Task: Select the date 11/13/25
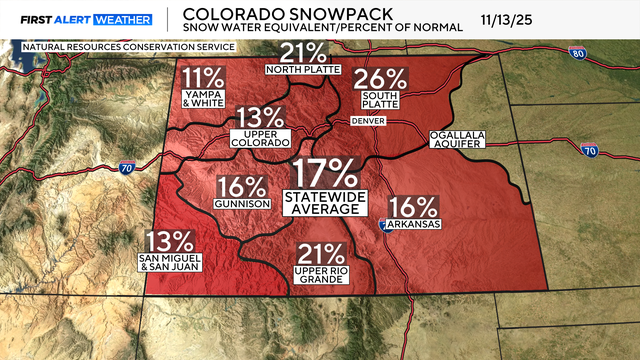[515, 19]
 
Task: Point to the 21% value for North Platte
[303, 52]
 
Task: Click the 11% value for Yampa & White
[204, 78]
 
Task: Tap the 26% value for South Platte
[381, 78]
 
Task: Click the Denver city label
[367, 120]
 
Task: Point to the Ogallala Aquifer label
[456, 139]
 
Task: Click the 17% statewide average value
[324, 172]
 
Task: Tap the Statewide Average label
[324, 201]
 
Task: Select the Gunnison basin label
[240, 204]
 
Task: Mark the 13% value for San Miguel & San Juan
[169, 241]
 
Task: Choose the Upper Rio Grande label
[319, 274]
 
